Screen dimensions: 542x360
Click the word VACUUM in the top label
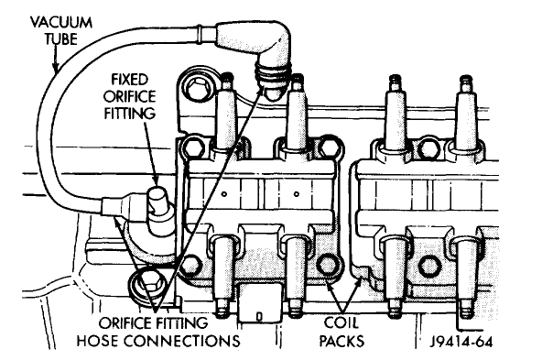coord(61,23)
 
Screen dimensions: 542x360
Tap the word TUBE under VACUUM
coord(60,38)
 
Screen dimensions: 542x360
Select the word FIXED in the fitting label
coord(130,80)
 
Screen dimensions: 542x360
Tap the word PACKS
coord(341,341)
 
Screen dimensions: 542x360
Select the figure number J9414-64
coord(461,342)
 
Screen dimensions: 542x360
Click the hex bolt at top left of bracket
coord(197,88)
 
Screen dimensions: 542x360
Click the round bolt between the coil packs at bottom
coord(328,265)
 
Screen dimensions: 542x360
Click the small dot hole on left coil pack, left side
coord(224,194)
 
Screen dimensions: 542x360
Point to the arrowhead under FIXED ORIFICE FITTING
coord(156,180)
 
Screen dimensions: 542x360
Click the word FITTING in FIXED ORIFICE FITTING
coord(130,113)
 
